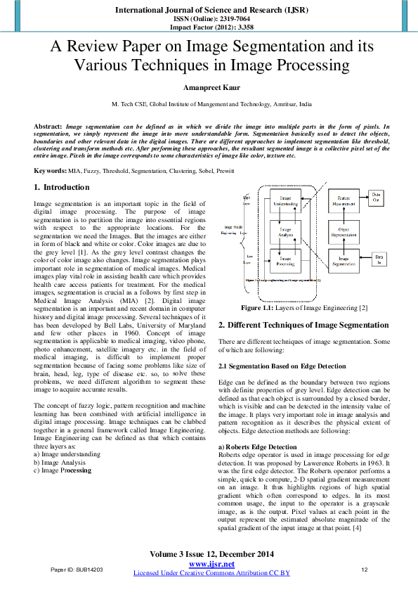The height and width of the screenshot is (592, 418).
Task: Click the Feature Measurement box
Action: click(344, 202)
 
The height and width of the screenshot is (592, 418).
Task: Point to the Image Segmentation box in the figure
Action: click(344, 261)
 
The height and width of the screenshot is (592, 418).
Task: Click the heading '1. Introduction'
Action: click(62, 188)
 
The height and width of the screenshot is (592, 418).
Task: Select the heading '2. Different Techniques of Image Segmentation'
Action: click(303, 325)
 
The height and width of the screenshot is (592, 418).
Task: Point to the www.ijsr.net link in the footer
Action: click(211, 564)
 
